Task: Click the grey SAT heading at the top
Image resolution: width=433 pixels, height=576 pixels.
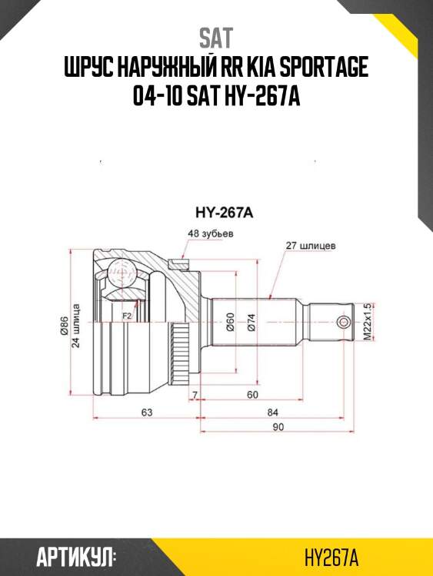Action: pos(215,38)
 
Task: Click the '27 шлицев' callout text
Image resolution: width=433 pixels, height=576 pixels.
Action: pos(309,247)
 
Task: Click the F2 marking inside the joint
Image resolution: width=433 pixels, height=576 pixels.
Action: pos(128,315)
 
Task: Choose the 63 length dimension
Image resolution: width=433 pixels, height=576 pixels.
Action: pos(146,412)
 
